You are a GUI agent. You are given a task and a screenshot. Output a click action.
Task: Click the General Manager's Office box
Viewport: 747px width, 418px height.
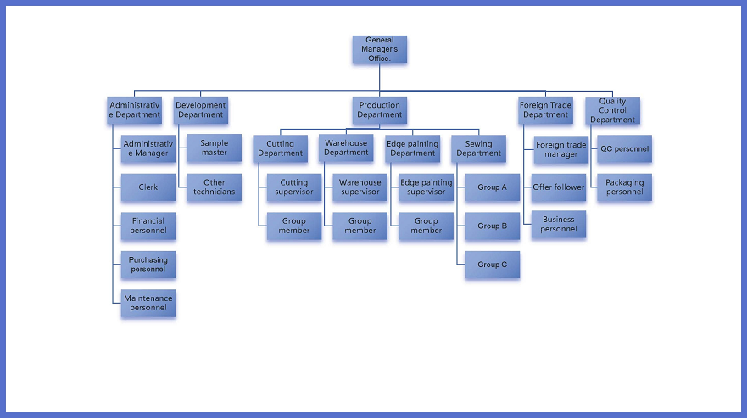380,49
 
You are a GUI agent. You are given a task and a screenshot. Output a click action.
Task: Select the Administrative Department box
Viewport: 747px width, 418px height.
134,110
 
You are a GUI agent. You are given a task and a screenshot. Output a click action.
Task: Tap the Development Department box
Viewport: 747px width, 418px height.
200,110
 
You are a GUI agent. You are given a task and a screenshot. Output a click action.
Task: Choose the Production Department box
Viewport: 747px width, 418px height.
379,110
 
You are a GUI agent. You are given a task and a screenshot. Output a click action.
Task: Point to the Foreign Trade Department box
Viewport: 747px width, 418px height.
545,110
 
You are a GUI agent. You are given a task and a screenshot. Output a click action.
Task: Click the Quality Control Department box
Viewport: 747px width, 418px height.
612,110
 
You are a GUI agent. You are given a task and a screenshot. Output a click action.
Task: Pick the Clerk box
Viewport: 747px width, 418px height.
148,187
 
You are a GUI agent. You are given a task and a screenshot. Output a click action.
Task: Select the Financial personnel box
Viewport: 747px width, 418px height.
148,225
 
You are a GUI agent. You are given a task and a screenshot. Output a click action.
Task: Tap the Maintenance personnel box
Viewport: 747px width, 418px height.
148,303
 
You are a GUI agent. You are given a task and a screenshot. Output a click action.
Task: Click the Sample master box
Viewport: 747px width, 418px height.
214,148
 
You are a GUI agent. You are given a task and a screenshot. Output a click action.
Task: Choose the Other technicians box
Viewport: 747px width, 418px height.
214,187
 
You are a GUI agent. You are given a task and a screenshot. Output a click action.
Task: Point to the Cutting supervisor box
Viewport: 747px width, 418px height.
294,187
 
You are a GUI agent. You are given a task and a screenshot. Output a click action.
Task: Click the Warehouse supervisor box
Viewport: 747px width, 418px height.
360,187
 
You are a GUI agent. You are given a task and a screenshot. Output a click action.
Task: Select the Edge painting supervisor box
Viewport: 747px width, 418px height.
426,187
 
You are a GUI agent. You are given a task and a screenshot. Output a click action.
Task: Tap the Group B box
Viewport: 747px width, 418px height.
492,226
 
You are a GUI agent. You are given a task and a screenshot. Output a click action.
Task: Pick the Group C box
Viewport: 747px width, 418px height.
492,265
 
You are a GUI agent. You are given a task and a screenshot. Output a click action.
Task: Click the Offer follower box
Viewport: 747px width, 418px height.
559,187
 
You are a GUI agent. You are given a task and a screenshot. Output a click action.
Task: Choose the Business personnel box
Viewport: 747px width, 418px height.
559,225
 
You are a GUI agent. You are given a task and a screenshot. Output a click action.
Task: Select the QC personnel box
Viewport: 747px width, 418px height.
624,149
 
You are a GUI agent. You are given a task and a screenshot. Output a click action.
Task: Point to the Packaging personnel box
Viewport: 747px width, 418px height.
624,187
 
